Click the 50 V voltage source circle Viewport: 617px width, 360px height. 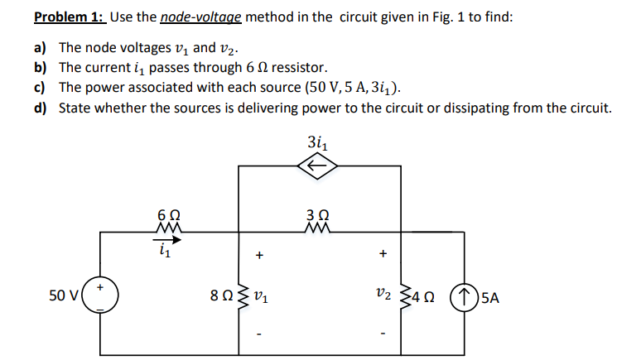coord(101,295)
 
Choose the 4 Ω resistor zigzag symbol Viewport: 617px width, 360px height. coord(407,295)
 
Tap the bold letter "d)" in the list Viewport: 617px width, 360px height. coord(41,108)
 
